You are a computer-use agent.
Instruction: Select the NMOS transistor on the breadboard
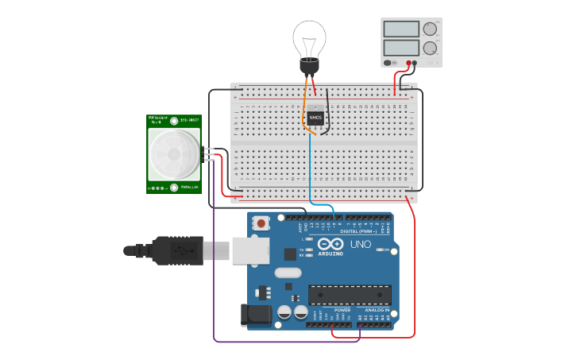click(x=315, y=117)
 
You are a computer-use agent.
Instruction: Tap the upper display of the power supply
click(x=401, y=29)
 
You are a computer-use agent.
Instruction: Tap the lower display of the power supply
click(x=401, y=48)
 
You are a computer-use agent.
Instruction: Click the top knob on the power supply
click(x=430, y=29)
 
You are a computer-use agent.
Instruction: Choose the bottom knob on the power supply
click(x=430, y=48)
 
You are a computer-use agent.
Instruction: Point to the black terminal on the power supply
click(x=416, y=63)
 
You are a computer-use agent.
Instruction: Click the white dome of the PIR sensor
click(x=174, y=154)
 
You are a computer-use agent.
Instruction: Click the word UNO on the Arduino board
click(x=361, y=244)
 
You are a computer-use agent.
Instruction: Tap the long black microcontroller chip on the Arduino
click(x=350, y=294)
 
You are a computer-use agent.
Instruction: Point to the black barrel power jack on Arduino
click(x=257, y=315)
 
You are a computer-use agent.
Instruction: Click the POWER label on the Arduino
click(x=331, y=310)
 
